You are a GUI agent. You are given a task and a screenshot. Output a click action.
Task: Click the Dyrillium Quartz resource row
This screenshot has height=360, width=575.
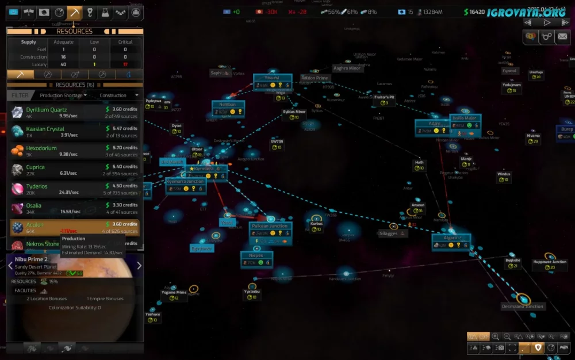75,112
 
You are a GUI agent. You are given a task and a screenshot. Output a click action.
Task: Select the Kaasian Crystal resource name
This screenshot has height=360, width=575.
45,129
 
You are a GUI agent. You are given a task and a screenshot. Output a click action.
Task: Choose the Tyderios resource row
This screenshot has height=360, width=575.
75,189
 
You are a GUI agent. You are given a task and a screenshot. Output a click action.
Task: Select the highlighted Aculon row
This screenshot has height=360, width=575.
75,228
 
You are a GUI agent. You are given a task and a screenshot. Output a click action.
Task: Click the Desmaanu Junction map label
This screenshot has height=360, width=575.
522,307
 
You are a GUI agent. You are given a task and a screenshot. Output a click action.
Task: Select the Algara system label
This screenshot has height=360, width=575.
450,238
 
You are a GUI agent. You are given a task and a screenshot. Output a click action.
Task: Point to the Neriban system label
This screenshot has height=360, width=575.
228,105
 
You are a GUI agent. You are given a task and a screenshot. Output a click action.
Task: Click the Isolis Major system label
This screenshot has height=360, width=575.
465,118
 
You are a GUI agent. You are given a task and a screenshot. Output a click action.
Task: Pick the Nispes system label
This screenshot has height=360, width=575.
256,255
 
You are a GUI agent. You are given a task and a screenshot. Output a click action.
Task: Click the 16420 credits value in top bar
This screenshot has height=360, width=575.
477,12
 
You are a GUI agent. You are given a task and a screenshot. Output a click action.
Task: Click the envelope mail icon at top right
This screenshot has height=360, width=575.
562,36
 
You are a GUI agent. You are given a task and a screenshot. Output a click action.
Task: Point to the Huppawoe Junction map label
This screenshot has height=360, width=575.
550,262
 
